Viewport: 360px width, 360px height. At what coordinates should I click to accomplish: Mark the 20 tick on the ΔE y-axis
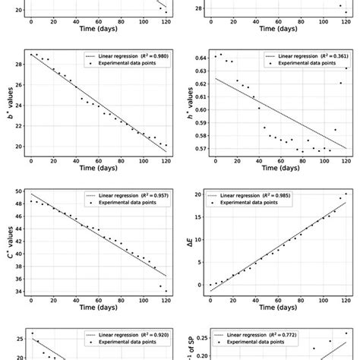click(x=201, y=194)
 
